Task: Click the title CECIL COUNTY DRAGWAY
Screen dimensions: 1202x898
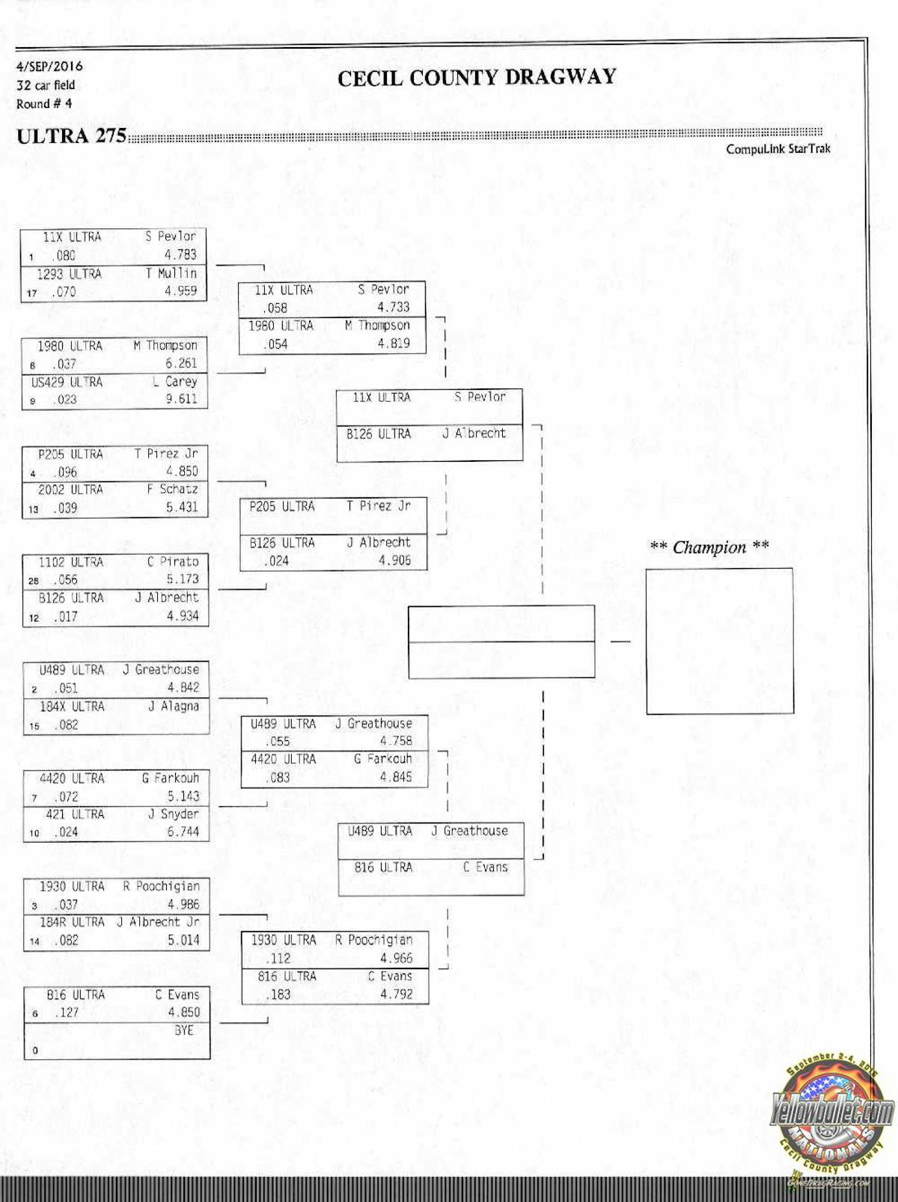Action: point(476,78)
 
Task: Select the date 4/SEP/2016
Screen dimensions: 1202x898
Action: point(49,66)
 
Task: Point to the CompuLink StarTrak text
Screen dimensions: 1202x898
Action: point(778,149)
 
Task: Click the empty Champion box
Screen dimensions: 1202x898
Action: point(719,641)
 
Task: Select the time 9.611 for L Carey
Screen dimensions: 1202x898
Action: point(181,399)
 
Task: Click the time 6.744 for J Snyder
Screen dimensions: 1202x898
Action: point(183,832)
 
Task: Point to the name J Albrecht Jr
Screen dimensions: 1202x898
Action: point(158,922)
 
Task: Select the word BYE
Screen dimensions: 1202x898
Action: point(183,1031)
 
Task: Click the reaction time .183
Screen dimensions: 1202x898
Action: point(278,995)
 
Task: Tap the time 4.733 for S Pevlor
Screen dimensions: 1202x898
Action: point(393,307)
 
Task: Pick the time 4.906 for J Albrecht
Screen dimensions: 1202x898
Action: point(394,560)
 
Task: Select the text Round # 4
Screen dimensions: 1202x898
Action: point(44,104)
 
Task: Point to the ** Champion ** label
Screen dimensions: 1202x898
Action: point(709,547)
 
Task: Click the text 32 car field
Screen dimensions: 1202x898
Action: point(46,85)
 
